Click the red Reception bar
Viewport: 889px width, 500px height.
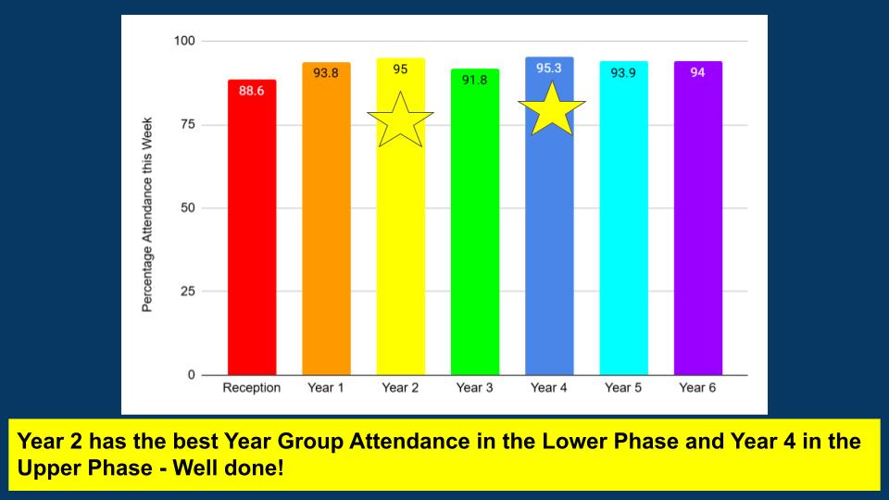[252, 228]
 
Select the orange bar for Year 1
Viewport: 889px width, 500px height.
[326, 219]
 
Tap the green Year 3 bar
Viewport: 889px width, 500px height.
[474, 221]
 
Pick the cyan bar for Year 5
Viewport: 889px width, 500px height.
[623, 219]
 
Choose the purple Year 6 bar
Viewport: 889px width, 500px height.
[698, 219]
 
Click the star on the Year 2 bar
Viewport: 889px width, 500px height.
[400, 120]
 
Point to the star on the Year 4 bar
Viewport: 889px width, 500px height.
[552, 110]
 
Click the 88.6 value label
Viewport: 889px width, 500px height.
[251, 91]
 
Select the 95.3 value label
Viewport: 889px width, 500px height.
[549, 68]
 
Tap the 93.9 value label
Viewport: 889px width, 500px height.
[623, 73]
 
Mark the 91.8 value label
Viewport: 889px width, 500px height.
[474, 80]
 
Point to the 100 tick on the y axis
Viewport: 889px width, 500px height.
[184, 41]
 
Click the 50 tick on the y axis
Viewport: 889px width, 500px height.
[188, 208]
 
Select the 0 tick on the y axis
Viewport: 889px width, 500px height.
[191, 375]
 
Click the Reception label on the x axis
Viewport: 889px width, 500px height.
[252, 388]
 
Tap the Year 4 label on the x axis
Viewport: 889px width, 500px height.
[549, 388]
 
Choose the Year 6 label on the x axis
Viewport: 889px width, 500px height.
[697, 388]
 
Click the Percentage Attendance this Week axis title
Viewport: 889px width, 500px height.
[147, 215]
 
